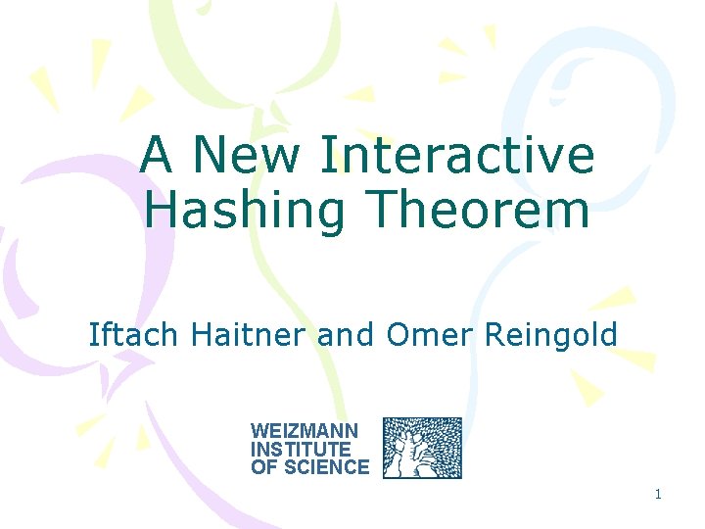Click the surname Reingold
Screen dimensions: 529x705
pyautogui.click(x=551, y=335)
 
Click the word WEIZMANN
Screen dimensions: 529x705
pyautogui.click(x=305, y=431)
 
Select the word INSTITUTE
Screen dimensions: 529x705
pyautogui.click(x=300, y=450)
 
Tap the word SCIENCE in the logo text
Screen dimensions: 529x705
pyautogui.click(x=323, y=467)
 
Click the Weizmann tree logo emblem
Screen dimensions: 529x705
pyautogui.click(x=422, y=448)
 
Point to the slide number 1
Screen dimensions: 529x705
pyautogui.click(x=658, y=495)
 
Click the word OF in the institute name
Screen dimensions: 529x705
pyautogui.click(x=262, y=467)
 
